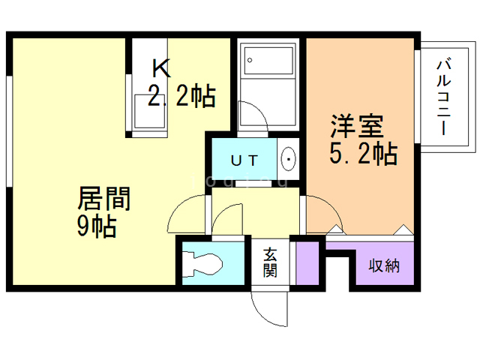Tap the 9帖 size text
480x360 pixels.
pos(97,226)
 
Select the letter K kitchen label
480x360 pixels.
pos(163,69)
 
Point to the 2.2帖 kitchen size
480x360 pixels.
pos(181,96)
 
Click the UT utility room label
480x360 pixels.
pos(244,160)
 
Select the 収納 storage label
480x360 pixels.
pos(383,265)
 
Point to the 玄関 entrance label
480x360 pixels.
pos(269,262)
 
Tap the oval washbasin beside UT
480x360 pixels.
pos(289,159)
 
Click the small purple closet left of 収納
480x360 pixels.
pos(307,262)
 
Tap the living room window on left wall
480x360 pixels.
pos(9,127)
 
